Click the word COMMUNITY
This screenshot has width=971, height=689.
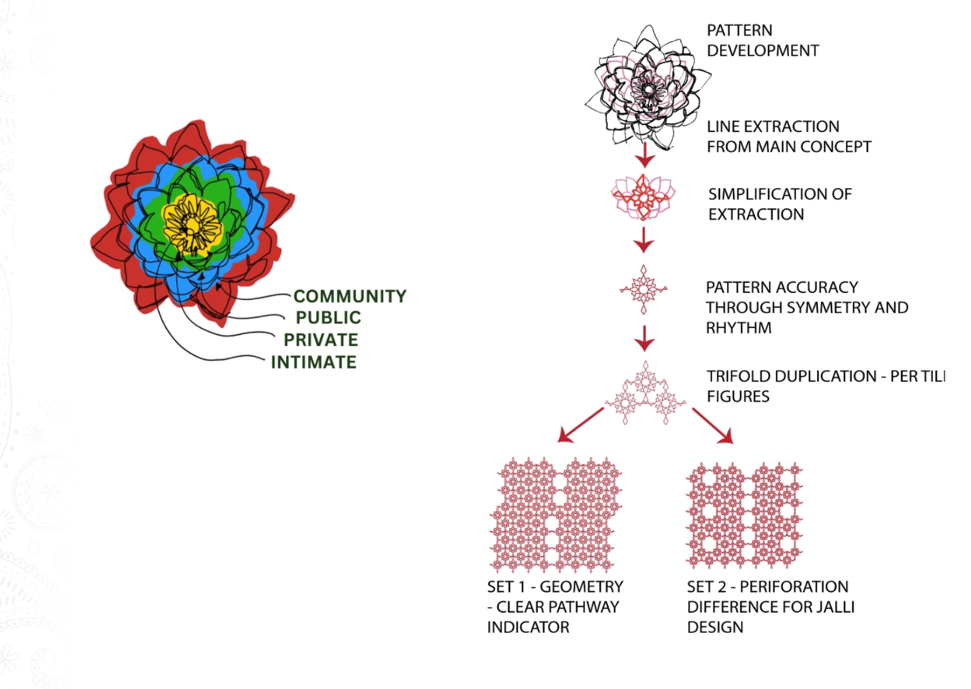[x=350, y=297]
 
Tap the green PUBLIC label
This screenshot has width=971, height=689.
[x=328, y=318]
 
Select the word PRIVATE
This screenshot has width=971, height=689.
[x=321, y=340]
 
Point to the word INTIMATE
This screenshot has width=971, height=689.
[x=313, y=362]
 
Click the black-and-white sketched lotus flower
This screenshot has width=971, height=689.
[x=648, y=87]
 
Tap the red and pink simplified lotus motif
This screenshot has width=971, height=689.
[x=643, y=197]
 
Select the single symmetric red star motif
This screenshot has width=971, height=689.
[x=644, y=289]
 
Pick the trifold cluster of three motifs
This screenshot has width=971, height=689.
[x=645, y=393]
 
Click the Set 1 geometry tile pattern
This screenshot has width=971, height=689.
[x=556, y=514]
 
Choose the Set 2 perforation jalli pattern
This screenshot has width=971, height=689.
[x=744, y=516]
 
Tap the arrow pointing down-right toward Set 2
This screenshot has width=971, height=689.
[x=713, y=426]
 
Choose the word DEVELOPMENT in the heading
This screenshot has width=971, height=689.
[x=763, y=51]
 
